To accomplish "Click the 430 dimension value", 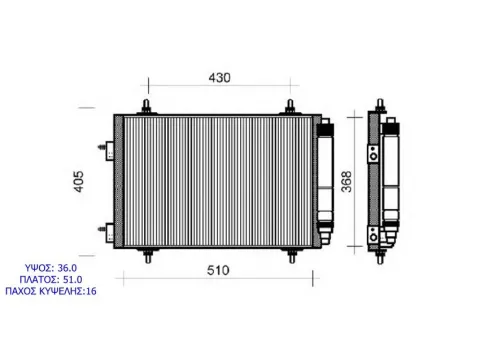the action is pyautogui.click(x=219, y=78).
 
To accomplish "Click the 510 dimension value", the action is pyautogui.click(x=218, y=270).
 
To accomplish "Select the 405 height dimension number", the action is pyautogui.click(x=79, y=182).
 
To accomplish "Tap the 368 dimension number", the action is pyautogui.click(x=347, y=182).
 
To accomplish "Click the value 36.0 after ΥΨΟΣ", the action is pyautogui.click(x=67, y=268).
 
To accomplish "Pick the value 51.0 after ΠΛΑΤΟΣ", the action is pyautogui.click(x=73, y=279).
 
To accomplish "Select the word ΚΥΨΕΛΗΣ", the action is pyautogui.click(x=62, y=291).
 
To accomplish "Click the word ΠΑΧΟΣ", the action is pyautogui.click(x=21, y=291).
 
